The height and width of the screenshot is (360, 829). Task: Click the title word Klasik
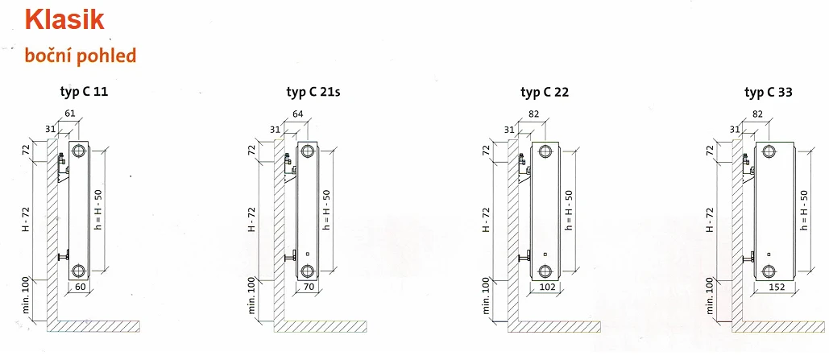point(64,21)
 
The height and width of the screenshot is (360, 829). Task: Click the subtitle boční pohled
point(80,56)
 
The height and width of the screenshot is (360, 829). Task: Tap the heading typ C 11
point(84,92)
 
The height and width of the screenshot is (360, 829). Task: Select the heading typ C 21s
point(313,92)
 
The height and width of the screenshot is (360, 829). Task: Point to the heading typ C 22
point(545,92)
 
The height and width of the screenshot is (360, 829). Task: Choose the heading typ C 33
point(769,92)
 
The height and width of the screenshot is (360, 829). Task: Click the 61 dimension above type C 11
point(70,113)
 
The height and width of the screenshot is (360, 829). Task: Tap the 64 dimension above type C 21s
point(297,113)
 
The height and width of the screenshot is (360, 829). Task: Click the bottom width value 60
point(79,287)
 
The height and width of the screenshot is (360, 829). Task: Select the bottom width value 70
point(308,287)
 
